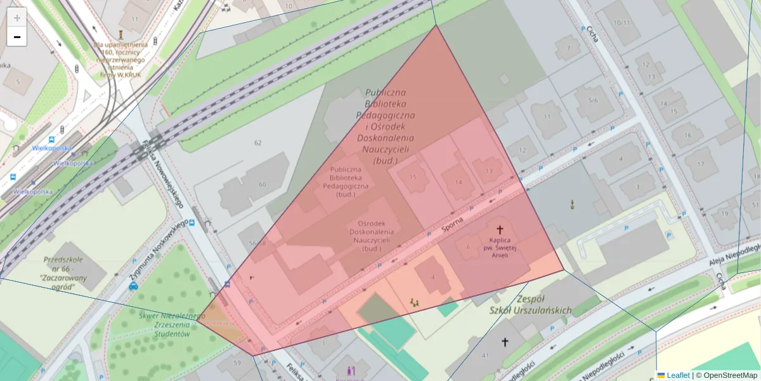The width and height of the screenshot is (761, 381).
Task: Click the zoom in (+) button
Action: point(17,18)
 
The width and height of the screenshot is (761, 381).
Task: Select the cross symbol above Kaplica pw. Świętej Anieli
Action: point(500,229)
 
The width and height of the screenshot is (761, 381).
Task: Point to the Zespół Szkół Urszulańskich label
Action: point(530,304)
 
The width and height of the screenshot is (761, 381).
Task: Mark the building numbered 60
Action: point(262,184)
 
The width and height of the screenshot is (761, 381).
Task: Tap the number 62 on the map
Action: point(257,143)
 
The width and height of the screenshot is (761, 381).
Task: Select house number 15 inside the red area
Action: point(413,177)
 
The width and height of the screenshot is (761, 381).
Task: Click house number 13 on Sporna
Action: point(488,171)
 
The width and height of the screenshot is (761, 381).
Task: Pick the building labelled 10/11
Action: point(622,23)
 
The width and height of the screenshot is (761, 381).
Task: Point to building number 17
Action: point(700,164)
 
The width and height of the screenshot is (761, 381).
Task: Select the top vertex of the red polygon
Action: point(436,25)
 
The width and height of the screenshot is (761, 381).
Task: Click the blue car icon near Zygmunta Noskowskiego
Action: point(133,286)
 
